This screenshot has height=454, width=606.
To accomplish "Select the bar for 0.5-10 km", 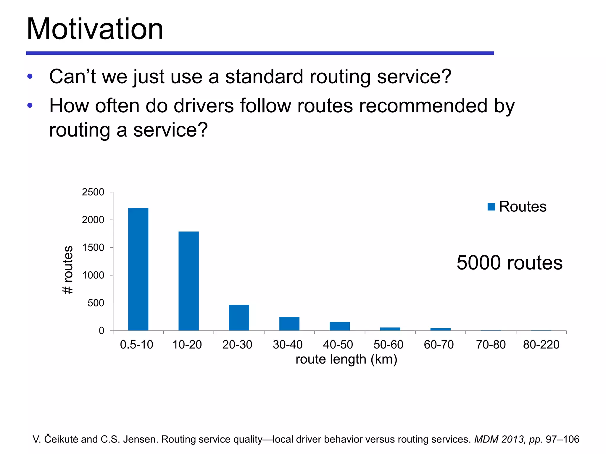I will [x=138, y=269].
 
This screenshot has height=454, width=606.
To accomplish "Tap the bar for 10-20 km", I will [x=188, y=281].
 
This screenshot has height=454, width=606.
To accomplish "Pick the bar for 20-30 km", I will [x=239, y=317].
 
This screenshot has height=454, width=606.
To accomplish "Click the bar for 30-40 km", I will [x=289, y=324].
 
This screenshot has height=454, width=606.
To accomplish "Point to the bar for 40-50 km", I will [x=340, y=326].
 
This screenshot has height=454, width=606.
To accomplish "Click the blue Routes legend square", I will [x=491, y=207].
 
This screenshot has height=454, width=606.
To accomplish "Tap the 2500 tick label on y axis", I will [x=93, y=192].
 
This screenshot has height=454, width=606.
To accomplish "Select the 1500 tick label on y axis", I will [x=93, y=248].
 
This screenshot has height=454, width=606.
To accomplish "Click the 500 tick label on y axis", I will [x=96, y=303].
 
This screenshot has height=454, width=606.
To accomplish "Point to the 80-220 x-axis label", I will [x=541, y=345].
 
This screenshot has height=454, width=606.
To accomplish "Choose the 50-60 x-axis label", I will [x=388, y=345].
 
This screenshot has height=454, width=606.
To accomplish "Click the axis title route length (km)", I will [x=346, y=359].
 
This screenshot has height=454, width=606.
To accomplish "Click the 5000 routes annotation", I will [x=509, y=262].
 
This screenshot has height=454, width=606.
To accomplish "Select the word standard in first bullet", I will [x=264, y=77].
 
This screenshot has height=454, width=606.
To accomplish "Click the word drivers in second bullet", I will [x=204, y=106].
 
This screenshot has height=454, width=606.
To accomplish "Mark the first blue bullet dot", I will [x=30, y=77].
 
